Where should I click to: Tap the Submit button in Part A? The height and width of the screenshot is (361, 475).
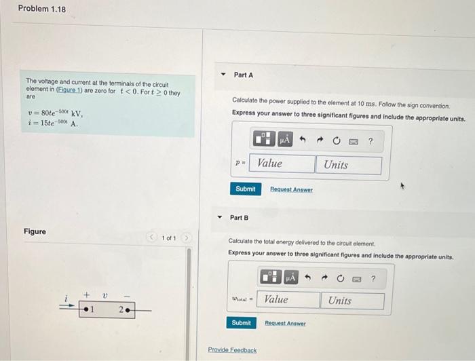click(245, 189)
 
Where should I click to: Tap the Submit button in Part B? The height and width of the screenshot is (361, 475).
click(241, 323)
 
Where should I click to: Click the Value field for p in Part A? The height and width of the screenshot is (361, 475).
click(283, 164)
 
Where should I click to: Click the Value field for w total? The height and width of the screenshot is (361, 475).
click(290, 300)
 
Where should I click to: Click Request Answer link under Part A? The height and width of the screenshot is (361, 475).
click(291, 189)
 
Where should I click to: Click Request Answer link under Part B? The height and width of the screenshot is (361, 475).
click(285, 324)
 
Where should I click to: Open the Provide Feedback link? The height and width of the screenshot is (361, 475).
click(232, 350)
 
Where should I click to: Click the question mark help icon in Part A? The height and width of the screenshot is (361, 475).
click(370, 141)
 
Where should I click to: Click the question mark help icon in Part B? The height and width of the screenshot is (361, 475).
click(373, 278)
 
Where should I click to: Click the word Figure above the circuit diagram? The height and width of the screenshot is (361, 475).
click(35, 231)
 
